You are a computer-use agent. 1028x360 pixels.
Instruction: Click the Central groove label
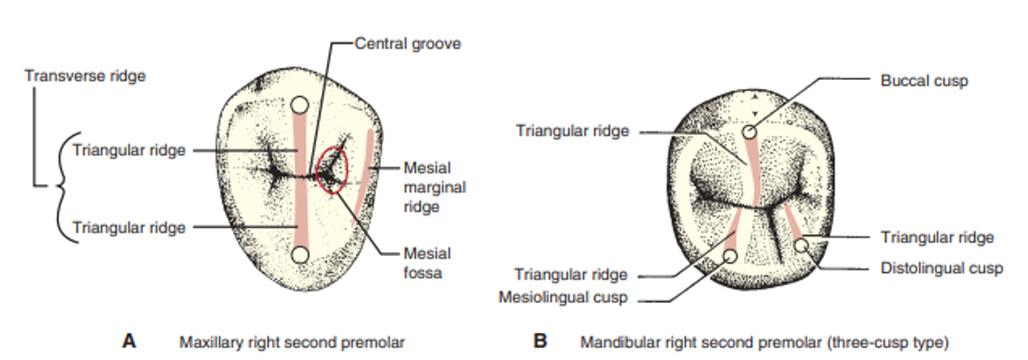click(x=407, y=44)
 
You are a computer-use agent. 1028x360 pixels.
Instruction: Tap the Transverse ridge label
click(x=85, y=76)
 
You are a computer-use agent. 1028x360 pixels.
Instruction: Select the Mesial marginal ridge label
click(x=435, y=187)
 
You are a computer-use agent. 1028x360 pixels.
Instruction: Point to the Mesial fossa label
click(x=427, y=263)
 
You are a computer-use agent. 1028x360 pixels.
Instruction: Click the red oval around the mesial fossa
click(x=332, y=171)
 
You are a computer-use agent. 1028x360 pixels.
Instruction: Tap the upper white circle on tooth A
click(x=300, y=105)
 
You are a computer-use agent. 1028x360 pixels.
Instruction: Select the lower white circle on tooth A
click(x=300, y=255)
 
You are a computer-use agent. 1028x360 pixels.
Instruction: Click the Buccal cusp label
click(x=924, y=81)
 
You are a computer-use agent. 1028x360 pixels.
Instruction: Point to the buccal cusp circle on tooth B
click(x=749, y=132)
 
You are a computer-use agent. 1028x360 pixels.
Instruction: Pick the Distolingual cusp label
click(x=941, y=268)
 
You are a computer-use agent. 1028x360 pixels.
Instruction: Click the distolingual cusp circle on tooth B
click(x=801, y=246)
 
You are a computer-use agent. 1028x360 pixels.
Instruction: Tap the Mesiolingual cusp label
click(x=562, y=297)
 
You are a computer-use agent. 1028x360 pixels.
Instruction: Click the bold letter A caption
click(x=129, y=341)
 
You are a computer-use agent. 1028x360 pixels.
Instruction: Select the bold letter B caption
click(x=540, y=341)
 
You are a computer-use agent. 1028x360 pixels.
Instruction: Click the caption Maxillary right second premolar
click(x=292, y=342)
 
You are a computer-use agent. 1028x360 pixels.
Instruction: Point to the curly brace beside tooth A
click(x=64, y=187)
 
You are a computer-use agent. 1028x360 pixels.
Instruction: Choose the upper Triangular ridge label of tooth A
click(x=129, y=150)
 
